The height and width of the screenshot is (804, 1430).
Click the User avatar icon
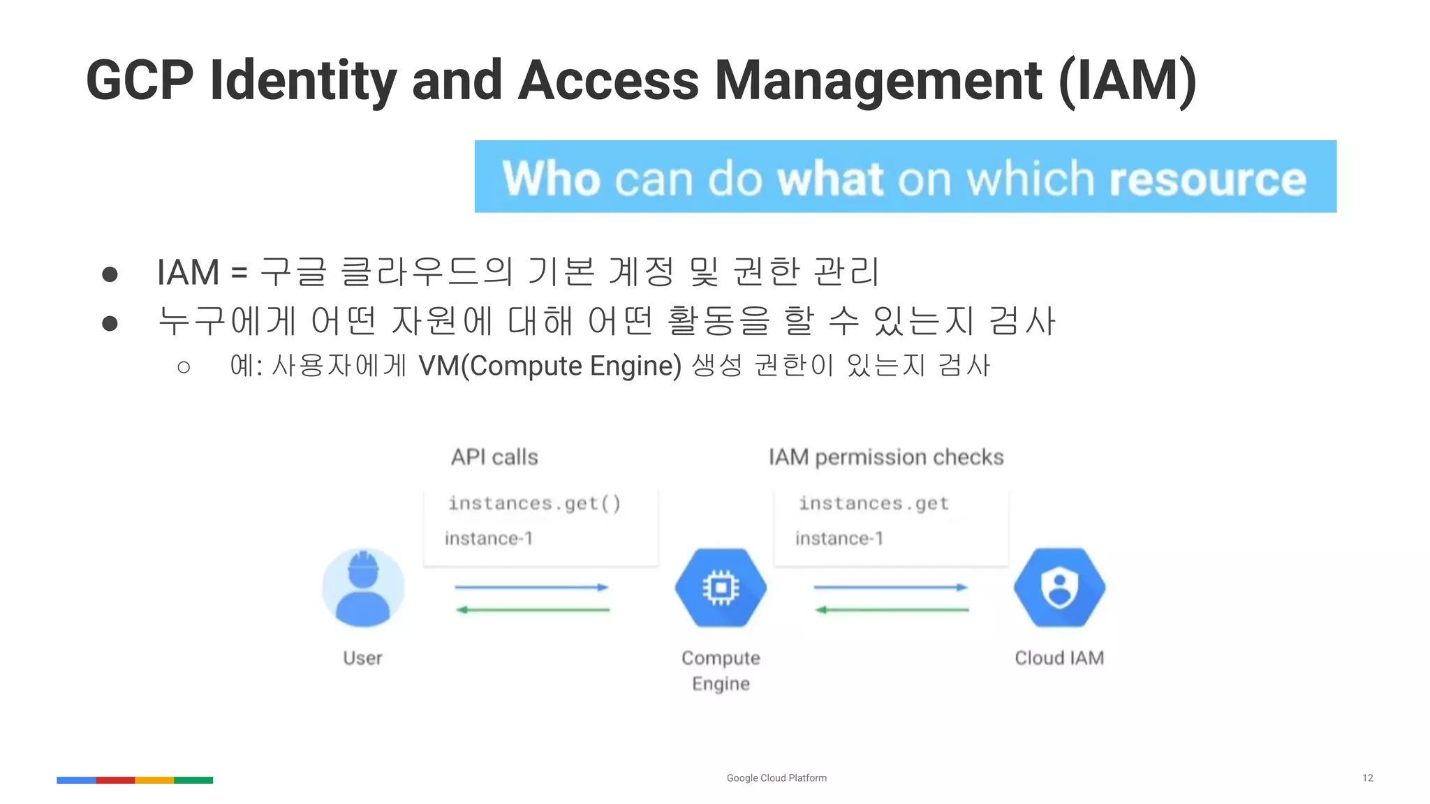pos(363,588)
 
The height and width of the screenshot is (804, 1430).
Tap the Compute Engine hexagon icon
pos(721,588)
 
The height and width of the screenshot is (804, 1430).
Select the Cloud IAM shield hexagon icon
pos(1059,588)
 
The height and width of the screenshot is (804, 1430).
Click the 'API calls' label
pos(494,457)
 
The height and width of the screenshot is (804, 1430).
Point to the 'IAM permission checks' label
pos(886,457)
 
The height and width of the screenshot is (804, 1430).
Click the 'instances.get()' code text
pos(534,503)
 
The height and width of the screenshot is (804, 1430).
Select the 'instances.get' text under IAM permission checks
pos(874,503)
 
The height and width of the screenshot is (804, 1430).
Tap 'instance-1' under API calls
pos(489,538)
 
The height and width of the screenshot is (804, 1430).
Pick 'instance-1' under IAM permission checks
pos(839,538)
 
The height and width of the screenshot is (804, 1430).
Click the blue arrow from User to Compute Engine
pos(531,588)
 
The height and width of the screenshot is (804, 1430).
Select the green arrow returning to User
pos(533,610)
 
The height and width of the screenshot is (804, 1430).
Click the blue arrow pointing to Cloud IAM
pos(890,588)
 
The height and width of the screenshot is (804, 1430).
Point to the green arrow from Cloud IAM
pos(892,610)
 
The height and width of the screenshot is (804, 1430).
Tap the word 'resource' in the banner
pos(1207,179)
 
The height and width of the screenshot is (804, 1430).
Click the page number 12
pos(1367,777)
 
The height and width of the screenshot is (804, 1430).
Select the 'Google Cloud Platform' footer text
pos(776,777)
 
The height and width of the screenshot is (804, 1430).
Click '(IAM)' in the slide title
pos(1128,81)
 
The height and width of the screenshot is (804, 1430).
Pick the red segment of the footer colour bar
pos(115,780)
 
